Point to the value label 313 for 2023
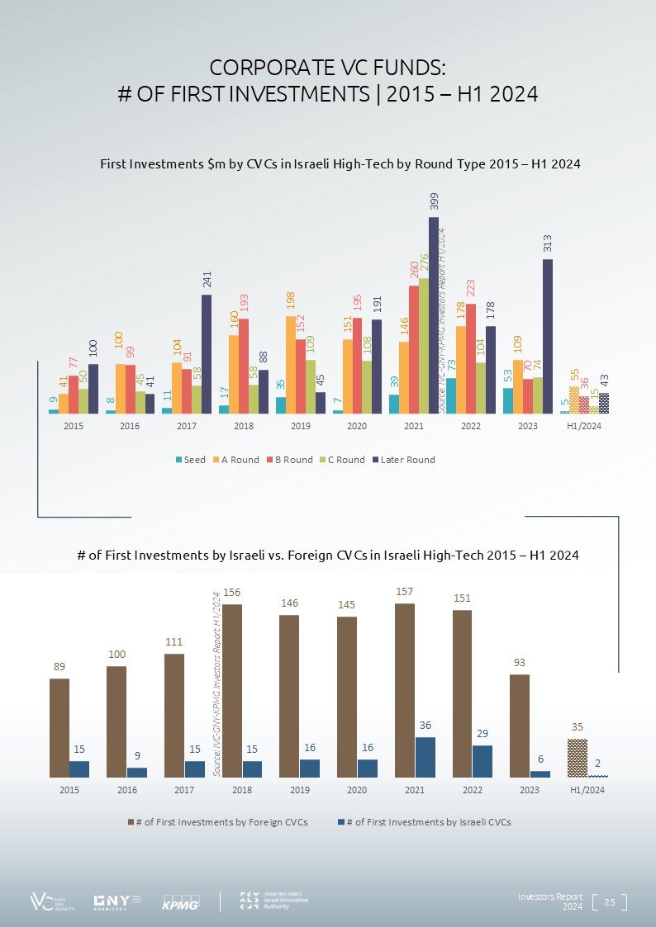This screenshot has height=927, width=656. pos(548,244)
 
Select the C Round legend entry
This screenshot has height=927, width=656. pos(341,460)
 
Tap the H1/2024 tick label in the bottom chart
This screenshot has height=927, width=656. pos(587,790)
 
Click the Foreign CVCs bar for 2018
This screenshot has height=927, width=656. pos(232,691)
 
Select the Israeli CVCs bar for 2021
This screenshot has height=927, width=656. pos(425,757)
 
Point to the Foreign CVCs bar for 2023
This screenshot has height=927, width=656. pos(520,726)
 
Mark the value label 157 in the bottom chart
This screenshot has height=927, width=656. pos(404,592)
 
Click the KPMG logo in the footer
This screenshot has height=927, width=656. pos(179,901)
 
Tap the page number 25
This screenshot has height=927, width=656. pos(611,901)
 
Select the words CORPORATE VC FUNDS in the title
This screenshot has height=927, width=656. pos(328,68)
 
